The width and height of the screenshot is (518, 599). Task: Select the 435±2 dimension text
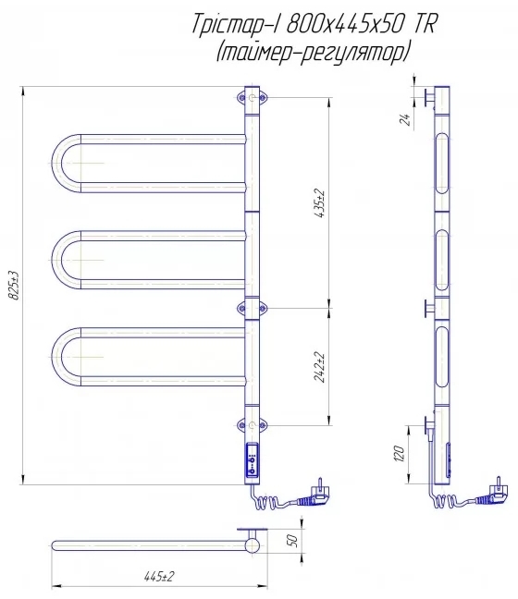point(319,203)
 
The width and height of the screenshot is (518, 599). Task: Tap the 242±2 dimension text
point(319,367)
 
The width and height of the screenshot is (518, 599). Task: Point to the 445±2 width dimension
point(159,576)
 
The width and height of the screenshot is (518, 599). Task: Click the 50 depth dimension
point(292,541)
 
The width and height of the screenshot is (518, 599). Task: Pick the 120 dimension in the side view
point(399,454)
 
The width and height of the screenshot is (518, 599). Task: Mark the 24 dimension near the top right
point(405,119)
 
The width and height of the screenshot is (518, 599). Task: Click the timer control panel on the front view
point(252,460)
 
